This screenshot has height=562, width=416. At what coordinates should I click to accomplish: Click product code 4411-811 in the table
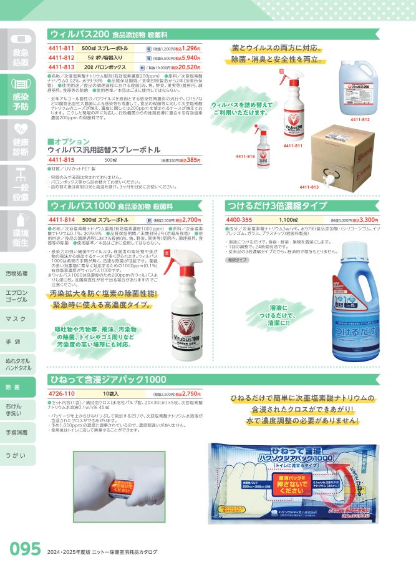[61, 47]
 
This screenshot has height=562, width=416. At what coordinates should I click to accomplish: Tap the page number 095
[24, 548]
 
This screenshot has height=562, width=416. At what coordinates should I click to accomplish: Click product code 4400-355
[239, 220]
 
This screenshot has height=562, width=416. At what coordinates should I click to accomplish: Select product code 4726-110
[61, 394]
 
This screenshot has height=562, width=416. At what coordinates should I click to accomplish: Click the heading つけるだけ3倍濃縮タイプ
[277, 205]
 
